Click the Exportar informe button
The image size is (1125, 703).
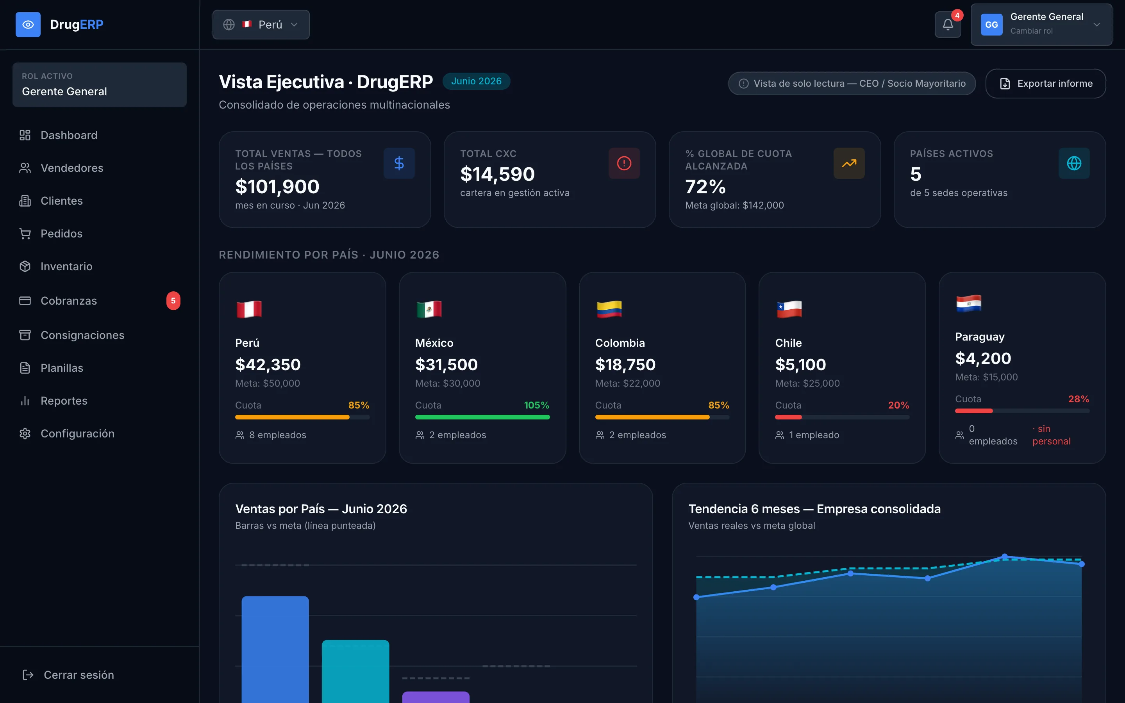click(x=1045, y=84)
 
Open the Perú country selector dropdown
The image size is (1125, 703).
click(x=261, y=25)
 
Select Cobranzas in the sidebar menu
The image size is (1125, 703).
click(x=69, y=301)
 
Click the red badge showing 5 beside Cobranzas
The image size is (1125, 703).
click(x=173, y=301)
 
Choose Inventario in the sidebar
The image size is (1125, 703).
click(x=66, y=266)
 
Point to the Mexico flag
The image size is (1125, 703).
click(x=429, y=309)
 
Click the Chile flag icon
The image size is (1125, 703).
click(x=789, y=309)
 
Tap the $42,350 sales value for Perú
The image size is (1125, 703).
click(x=268, y=364)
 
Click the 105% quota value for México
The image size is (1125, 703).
click(x=536, y=405)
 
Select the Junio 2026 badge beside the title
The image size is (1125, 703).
click(x=476, y=81)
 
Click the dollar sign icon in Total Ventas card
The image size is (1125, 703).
click(x=399, y=163)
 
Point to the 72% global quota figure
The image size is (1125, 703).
click(x=705, y=187)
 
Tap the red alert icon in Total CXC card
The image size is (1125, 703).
click(x=624, y=163)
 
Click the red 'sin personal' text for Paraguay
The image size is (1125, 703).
click(x=1051, y=435)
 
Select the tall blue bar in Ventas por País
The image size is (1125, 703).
click(x=275, y=649)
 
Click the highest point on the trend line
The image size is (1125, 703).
click(x=1005, y=557)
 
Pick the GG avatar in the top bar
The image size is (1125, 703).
click(x=991, y=25)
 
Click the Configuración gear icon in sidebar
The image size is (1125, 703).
click(x=25, y=434)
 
